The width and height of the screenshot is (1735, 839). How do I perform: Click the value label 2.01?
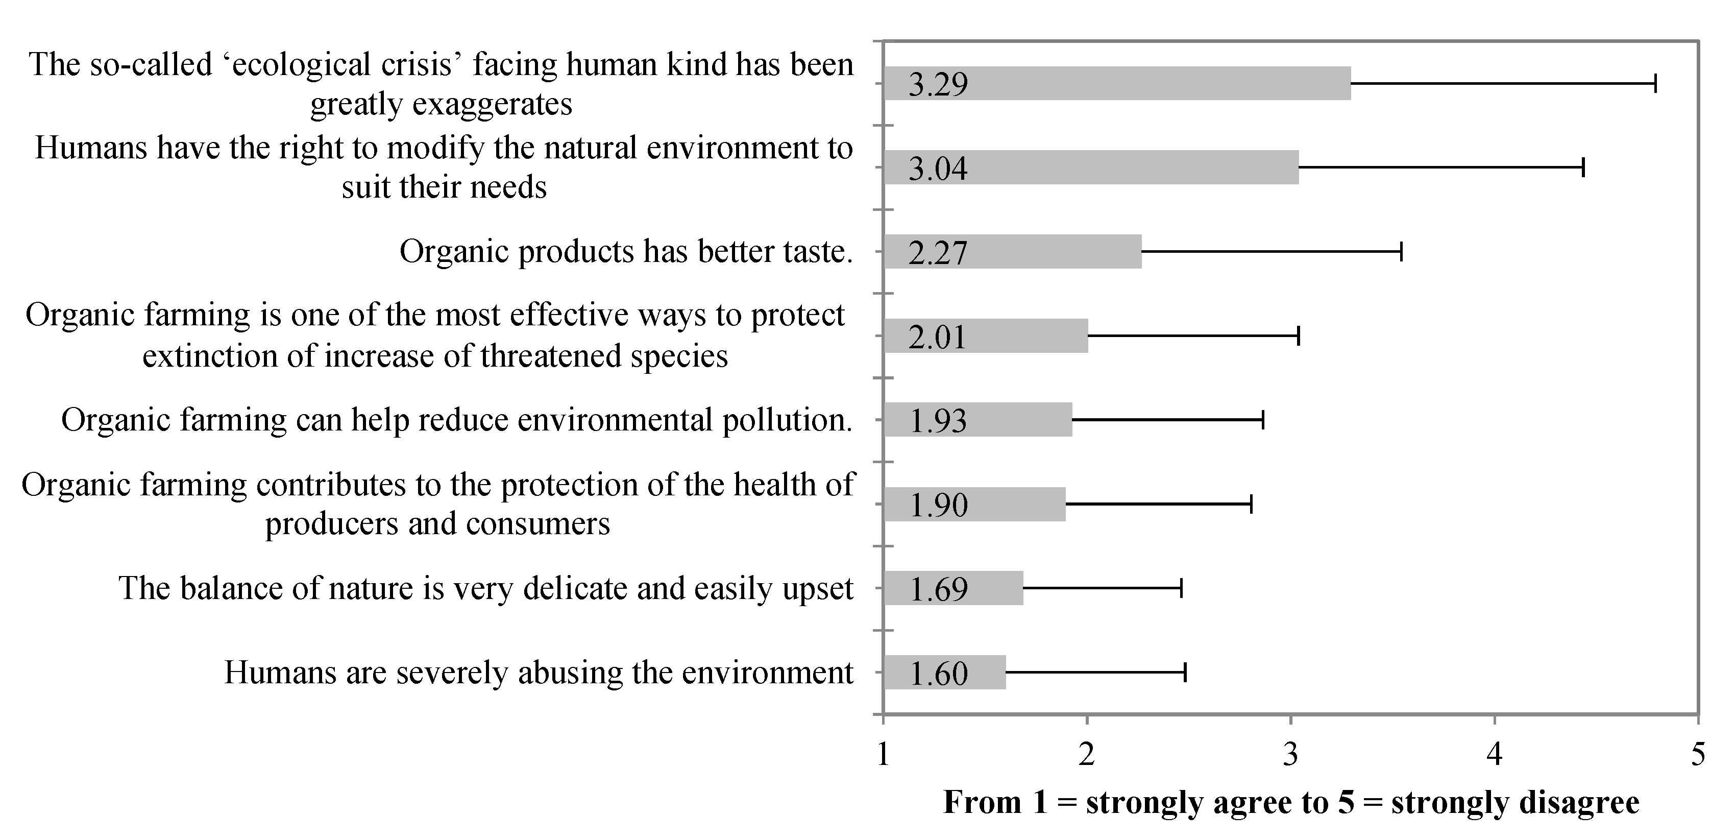(938, 337)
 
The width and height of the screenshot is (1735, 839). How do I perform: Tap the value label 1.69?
(938, 589)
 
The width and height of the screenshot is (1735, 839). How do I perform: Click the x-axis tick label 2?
(1086, 754)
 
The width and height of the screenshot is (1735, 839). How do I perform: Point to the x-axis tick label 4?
(1495, 754)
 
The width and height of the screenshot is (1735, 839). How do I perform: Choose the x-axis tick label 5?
(1698, 754)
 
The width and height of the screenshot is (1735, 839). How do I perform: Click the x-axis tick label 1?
(884, 754)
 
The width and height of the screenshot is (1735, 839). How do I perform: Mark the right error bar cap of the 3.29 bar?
(1655, 84)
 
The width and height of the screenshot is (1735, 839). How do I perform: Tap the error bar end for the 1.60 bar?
(1185, 673)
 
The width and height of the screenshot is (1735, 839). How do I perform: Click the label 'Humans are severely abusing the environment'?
(539, 673)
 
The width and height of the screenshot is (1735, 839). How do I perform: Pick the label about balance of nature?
(486, 588)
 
